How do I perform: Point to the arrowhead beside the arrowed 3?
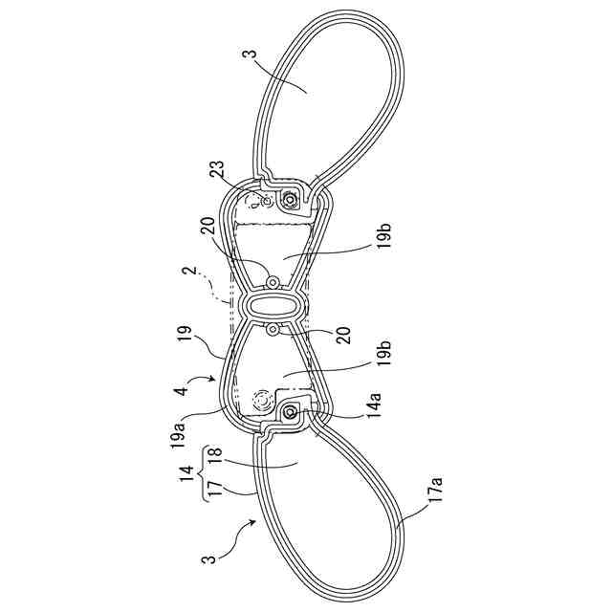pos(255,519)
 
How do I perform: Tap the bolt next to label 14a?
pos(288,412)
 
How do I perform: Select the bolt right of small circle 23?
pos(287,200)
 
